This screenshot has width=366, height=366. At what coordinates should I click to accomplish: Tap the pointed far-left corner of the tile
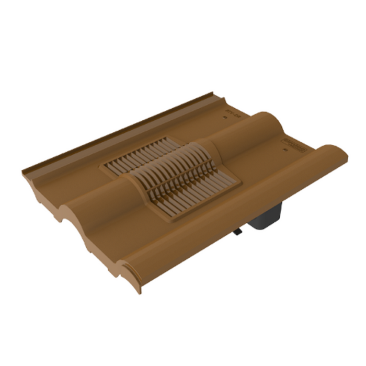click(x=23, y=169)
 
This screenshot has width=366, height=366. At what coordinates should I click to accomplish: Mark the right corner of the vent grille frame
click(x=241, y=183)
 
